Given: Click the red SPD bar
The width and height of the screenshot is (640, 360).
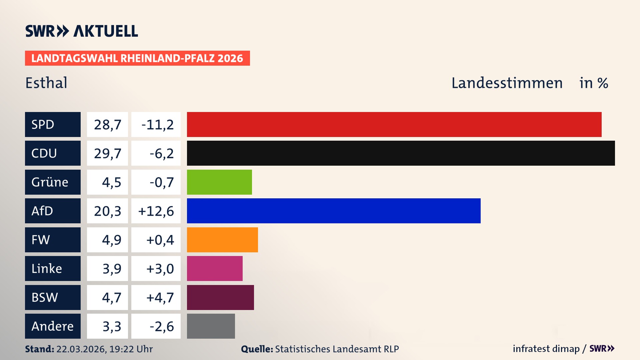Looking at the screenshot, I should tap(394, 124).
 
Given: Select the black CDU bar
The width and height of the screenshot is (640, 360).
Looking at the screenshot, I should tap(401, 153).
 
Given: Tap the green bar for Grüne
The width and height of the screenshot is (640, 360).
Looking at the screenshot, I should tap(219, 182).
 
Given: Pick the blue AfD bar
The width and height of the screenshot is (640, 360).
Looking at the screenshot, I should tap(334, 211).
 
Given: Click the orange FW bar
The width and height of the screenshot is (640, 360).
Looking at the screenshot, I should tap(222, 240).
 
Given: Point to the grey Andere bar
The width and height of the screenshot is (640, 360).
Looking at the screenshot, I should tap(211, 326).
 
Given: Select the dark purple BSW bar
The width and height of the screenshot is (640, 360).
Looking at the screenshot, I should tap(220, 297).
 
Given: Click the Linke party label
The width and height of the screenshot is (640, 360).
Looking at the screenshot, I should tap(53, 268).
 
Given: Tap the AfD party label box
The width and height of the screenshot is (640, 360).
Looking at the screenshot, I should tap(53, 211).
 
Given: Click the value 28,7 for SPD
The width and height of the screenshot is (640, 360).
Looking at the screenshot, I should tap(107, 124).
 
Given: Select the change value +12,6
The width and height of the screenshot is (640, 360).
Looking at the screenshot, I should tap(156, 211).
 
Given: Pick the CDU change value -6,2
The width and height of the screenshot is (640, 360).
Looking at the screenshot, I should tap(161, 153).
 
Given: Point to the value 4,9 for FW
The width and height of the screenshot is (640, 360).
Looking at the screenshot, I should tap(111, 240).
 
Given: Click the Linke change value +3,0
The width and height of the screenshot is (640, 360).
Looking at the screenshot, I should tap(160, 268).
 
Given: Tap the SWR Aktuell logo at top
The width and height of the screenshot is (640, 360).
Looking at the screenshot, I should tap(82, 31).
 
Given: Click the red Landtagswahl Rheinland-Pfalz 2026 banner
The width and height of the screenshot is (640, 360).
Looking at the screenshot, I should tap(137, 58).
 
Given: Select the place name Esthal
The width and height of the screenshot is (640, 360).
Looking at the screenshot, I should tap(46, 83).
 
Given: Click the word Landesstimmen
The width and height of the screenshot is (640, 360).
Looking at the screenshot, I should tap(507, 83).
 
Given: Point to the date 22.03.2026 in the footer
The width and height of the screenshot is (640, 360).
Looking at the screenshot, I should tap(81, 349).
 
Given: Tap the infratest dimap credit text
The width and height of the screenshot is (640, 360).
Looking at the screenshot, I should tap(546, 349).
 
